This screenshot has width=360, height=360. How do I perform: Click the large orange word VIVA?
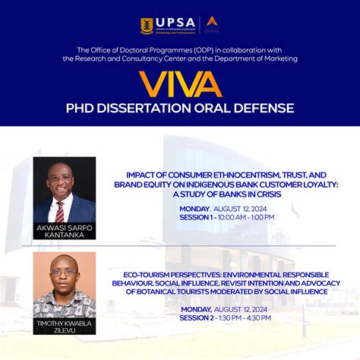(x=179, y=83)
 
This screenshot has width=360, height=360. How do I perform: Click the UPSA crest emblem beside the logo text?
(x=147, y=26)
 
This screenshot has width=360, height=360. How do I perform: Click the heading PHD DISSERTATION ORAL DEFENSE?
(x=179, y=108)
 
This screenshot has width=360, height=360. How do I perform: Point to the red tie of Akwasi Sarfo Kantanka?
(x=60, y=210)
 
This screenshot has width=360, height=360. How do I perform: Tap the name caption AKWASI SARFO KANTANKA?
(x=64, y=232)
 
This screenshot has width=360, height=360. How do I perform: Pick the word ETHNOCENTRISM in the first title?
(x=228, y=174)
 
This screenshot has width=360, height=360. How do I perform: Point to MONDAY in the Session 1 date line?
(x=196, y=207)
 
